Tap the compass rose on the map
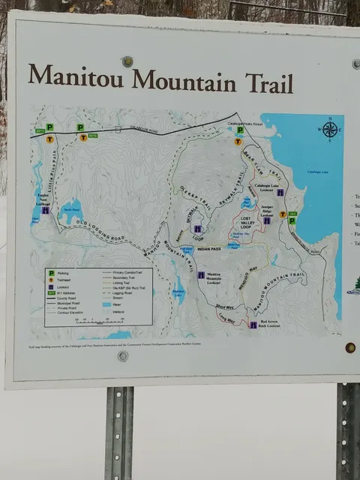tap(329, 130)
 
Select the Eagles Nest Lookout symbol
tap(45, 211)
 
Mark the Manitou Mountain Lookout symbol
tap(201, 275)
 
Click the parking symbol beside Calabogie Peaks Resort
tap(239, 130)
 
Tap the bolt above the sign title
tap(127, 61)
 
